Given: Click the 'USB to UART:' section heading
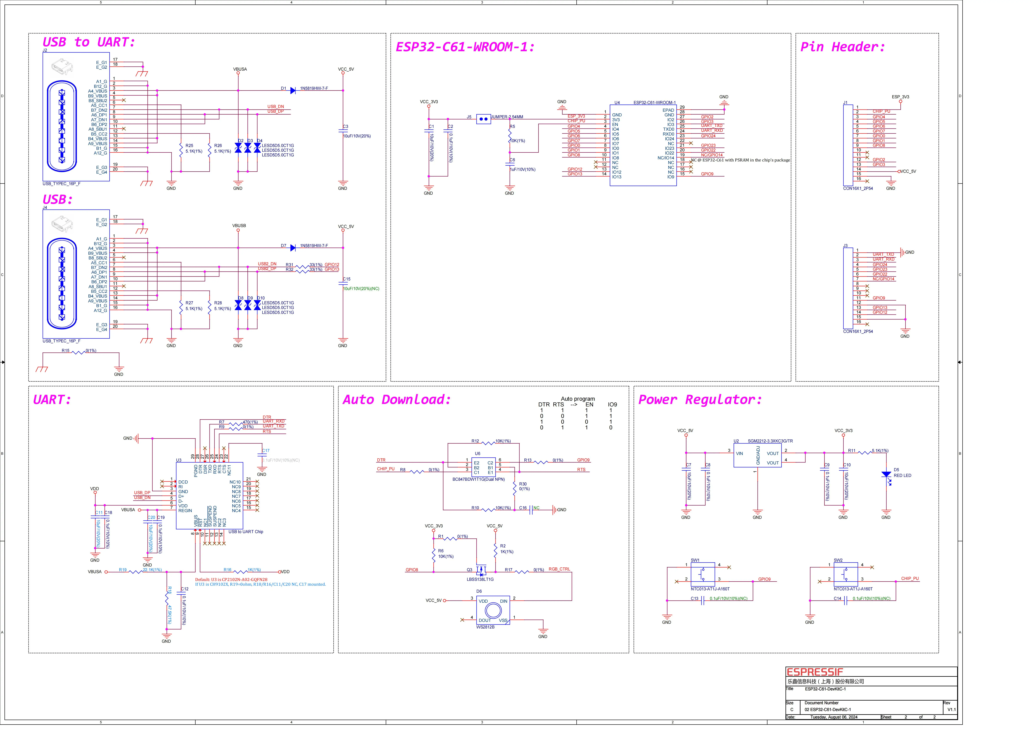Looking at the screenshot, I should pyautogui.click(x=89, y=42).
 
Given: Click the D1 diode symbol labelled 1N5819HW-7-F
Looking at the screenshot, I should pyautogui.click(x=293, y=90).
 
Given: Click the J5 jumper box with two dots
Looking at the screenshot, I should pyautogui.click(x=483, y=119).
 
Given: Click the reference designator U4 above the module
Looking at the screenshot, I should pyautogui.click(x=617, y=103).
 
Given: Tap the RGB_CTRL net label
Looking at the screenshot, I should pyautogui.click(x=559, y=569).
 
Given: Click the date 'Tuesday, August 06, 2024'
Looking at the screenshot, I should pyautogui.click(x=834, y=717).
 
